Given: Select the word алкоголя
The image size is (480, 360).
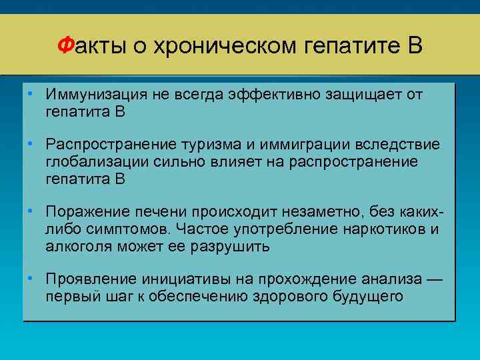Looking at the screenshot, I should point(79,247).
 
